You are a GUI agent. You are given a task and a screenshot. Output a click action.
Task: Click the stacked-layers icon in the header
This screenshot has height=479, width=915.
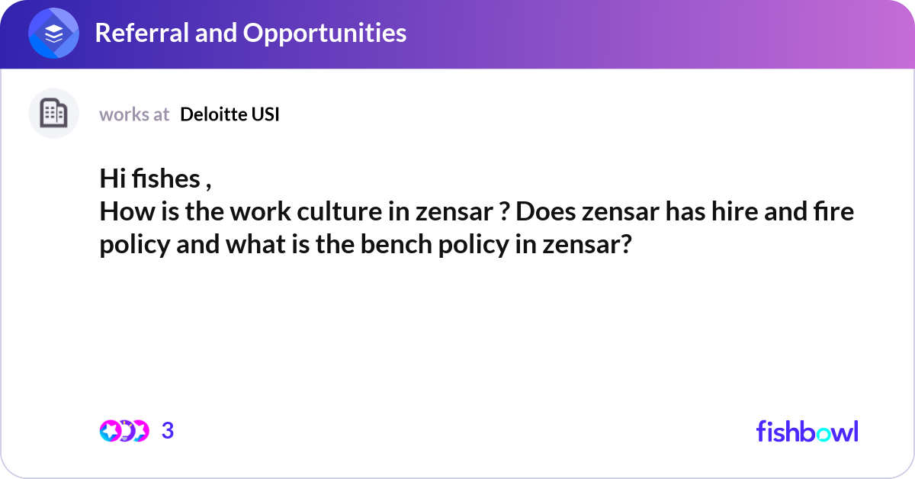click(x=53, y=33)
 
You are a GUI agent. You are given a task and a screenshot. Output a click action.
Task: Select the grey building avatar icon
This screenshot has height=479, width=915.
click(x=53, y=114)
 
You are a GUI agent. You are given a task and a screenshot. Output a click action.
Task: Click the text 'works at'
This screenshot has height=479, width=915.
click(x=134, y=114)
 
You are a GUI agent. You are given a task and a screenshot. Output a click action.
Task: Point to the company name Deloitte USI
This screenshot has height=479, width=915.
click(x=230, y=114)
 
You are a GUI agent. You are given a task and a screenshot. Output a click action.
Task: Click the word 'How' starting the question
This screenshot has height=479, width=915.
click(x=119, y=212)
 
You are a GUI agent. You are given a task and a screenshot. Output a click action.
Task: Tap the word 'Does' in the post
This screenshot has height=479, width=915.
click(x=545, y=212)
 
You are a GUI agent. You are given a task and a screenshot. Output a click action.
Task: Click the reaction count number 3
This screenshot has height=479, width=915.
click(x=168, y=431)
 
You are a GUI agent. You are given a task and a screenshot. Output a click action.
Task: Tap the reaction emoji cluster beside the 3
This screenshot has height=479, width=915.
click(x=124, y=431)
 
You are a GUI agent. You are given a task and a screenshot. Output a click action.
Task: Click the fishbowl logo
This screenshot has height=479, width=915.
click(x=807, y=431)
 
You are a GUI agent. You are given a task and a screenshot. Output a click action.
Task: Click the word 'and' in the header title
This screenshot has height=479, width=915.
click(x=217, y=33)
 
